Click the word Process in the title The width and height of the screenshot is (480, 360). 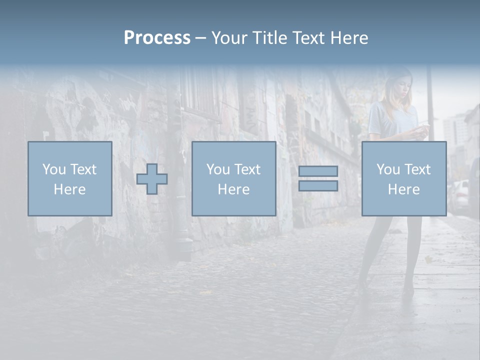pyautogui.click(x=157, y=38)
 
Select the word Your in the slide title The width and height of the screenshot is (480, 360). pyautogui.click(x=230, y=38)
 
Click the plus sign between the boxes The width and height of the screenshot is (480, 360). pyautogui.click(x=152, y=179)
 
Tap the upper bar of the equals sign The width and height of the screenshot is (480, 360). pyautogui.click(x=318, y=171)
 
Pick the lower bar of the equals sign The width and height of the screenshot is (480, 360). pyautogui.click(x=318, y=185)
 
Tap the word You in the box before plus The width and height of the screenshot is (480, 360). pyautogui.click(x=54, y=169)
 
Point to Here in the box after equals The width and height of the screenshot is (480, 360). pyautogui.click(x=403, y=189)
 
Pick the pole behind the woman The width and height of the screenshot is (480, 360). pyautogui.click(x=429, y=100)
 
